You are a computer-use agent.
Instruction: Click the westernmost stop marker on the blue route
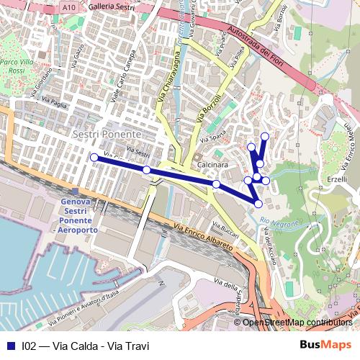[x=94, y=157]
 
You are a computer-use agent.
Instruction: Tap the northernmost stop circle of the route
[x=265, y=136]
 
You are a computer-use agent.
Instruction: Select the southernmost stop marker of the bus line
[x=258, y=204]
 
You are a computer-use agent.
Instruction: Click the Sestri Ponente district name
[x=107, y=135]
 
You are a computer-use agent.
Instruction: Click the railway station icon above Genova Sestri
[x=76, y=191]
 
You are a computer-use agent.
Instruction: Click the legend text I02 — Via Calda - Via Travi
[x=86, y=346]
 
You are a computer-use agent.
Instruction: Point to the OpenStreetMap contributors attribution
[x=297, y=323]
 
